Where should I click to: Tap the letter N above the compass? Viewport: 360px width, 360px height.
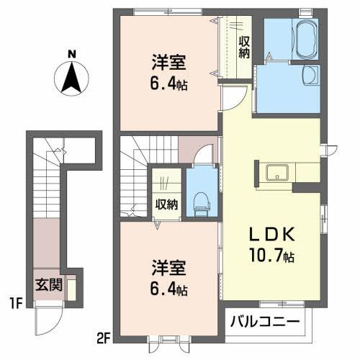point(71,53)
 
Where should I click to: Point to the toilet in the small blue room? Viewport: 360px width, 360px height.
point(199,201)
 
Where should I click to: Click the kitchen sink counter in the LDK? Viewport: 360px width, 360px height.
point(276,173)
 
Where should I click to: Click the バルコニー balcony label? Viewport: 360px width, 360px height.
point(266,322)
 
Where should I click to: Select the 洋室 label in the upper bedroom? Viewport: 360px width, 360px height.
point(166,62)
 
